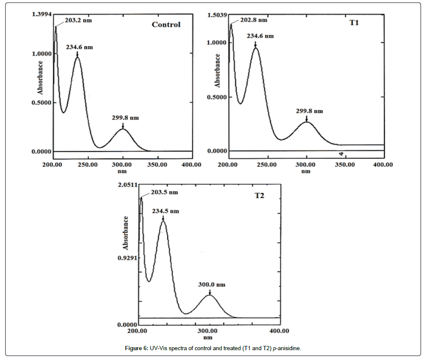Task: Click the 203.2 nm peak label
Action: coord(78,20)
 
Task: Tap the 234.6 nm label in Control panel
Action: coord(79,47)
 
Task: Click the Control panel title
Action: coord(166,24)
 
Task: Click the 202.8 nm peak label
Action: coord(254,20)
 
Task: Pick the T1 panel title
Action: coord(354,22)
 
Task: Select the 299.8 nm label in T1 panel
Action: coord(309,111)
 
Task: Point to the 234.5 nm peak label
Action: coord(166,211)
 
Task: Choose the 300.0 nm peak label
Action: coord(212,284)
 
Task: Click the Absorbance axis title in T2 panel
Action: coord(126,233)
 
